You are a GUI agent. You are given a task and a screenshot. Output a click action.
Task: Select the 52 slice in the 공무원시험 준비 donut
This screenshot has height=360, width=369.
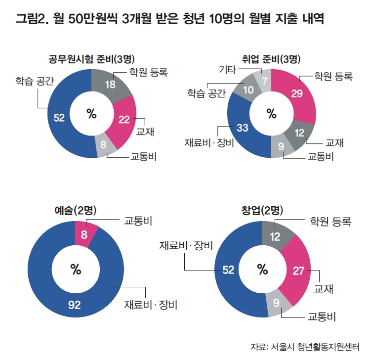pos(60,117)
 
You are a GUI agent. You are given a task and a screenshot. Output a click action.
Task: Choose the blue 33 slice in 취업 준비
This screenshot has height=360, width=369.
pos(243,128)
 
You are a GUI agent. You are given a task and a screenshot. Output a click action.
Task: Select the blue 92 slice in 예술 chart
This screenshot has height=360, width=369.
pos(74,305)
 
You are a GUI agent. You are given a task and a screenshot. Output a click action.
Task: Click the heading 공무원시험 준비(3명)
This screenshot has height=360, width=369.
pos(89,60)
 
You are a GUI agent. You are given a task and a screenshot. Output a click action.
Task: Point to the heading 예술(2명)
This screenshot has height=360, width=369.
pos(75,211)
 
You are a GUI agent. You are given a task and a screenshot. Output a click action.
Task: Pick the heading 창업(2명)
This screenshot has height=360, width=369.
pos(262,211)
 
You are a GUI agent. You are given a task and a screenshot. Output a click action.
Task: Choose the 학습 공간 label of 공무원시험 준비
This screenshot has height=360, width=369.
pos(34,80)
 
